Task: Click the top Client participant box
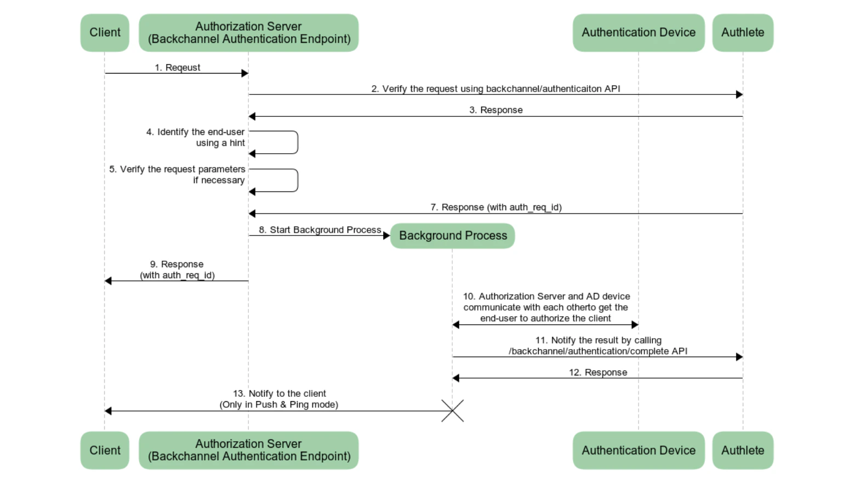tap(105, 33)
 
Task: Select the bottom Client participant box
tap(105, 450)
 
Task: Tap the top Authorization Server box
tap(248, 33)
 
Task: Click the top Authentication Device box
tap(639, 33)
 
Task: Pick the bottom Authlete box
tap(743, 450)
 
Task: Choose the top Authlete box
tap(743, 33)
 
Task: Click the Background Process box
tap(453, 235)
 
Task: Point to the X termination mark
tap(453, 411)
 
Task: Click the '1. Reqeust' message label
tap(177, 68)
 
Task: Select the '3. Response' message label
tap(495, 110)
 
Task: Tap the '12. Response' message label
tap(597, 372)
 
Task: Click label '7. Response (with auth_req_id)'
tap(495, 207)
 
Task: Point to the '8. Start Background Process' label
tap(320, 229)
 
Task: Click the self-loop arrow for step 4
tap(297, 142)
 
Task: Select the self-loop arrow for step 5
tap(297, 180)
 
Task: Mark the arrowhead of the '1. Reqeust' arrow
tap(245, 73)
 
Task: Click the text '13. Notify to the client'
tap(279, 394)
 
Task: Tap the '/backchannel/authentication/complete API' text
tap(597, 351)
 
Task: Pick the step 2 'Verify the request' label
tap(495, 88)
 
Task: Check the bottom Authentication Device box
tap(639, 450)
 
